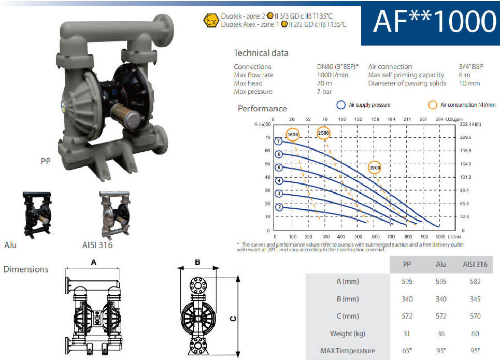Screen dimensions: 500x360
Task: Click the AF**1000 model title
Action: [434, 22]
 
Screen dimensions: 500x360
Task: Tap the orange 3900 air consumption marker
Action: [375, 168]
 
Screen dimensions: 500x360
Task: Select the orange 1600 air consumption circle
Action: [292, 135]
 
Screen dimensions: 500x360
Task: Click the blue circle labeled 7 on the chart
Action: [278, 141]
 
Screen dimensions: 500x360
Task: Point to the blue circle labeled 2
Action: [279, 207]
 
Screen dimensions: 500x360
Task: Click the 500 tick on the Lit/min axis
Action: [358, 237]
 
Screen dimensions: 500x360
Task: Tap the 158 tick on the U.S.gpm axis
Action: [375, 119]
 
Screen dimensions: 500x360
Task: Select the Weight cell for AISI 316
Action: [475, 334]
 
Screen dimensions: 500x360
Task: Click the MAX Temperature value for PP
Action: [407, 351]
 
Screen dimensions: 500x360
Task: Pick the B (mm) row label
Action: [348, 299]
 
